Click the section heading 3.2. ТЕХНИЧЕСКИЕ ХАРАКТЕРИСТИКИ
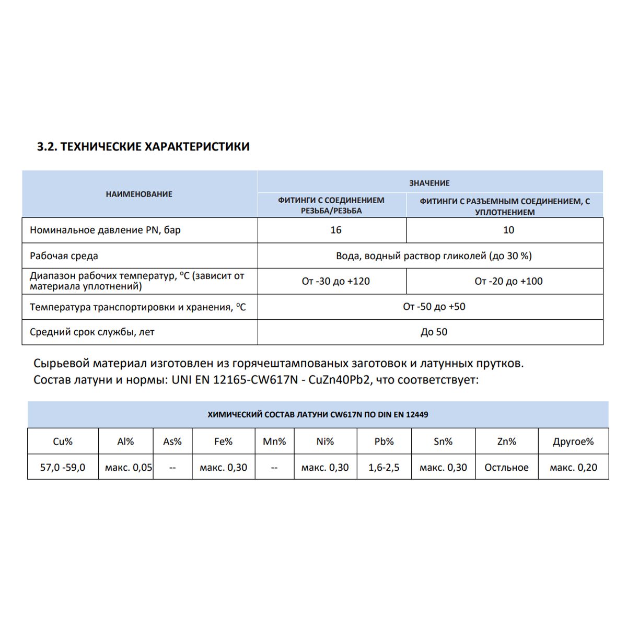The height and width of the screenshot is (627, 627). [143, 147]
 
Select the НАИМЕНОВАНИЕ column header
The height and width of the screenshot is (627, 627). [139, 194]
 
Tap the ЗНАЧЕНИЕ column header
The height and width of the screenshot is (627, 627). [429, 183]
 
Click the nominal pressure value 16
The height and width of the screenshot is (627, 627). [336, 230]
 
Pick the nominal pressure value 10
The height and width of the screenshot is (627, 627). [508, 230]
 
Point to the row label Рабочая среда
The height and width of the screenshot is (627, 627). [64, 256]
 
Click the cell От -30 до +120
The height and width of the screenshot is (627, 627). [336, 281]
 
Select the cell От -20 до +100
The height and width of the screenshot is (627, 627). [508, 281]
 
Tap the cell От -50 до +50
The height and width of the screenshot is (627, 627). [434, 307]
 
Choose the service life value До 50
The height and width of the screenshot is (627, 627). [434, 332]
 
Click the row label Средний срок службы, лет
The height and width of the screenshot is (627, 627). [92, 332]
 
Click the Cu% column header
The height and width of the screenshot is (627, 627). [63, 442]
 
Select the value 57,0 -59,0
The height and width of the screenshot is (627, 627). [63, 468]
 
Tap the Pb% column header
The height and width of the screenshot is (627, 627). [384, 442]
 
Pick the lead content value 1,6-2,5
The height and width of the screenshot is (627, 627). [384, 468]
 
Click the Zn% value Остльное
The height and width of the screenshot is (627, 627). [506, 468]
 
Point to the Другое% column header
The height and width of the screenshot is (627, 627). [573, 442]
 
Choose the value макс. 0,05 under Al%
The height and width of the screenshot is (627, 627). [129, 468]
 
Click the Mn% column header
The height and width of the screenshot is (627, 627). [274, 442]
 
